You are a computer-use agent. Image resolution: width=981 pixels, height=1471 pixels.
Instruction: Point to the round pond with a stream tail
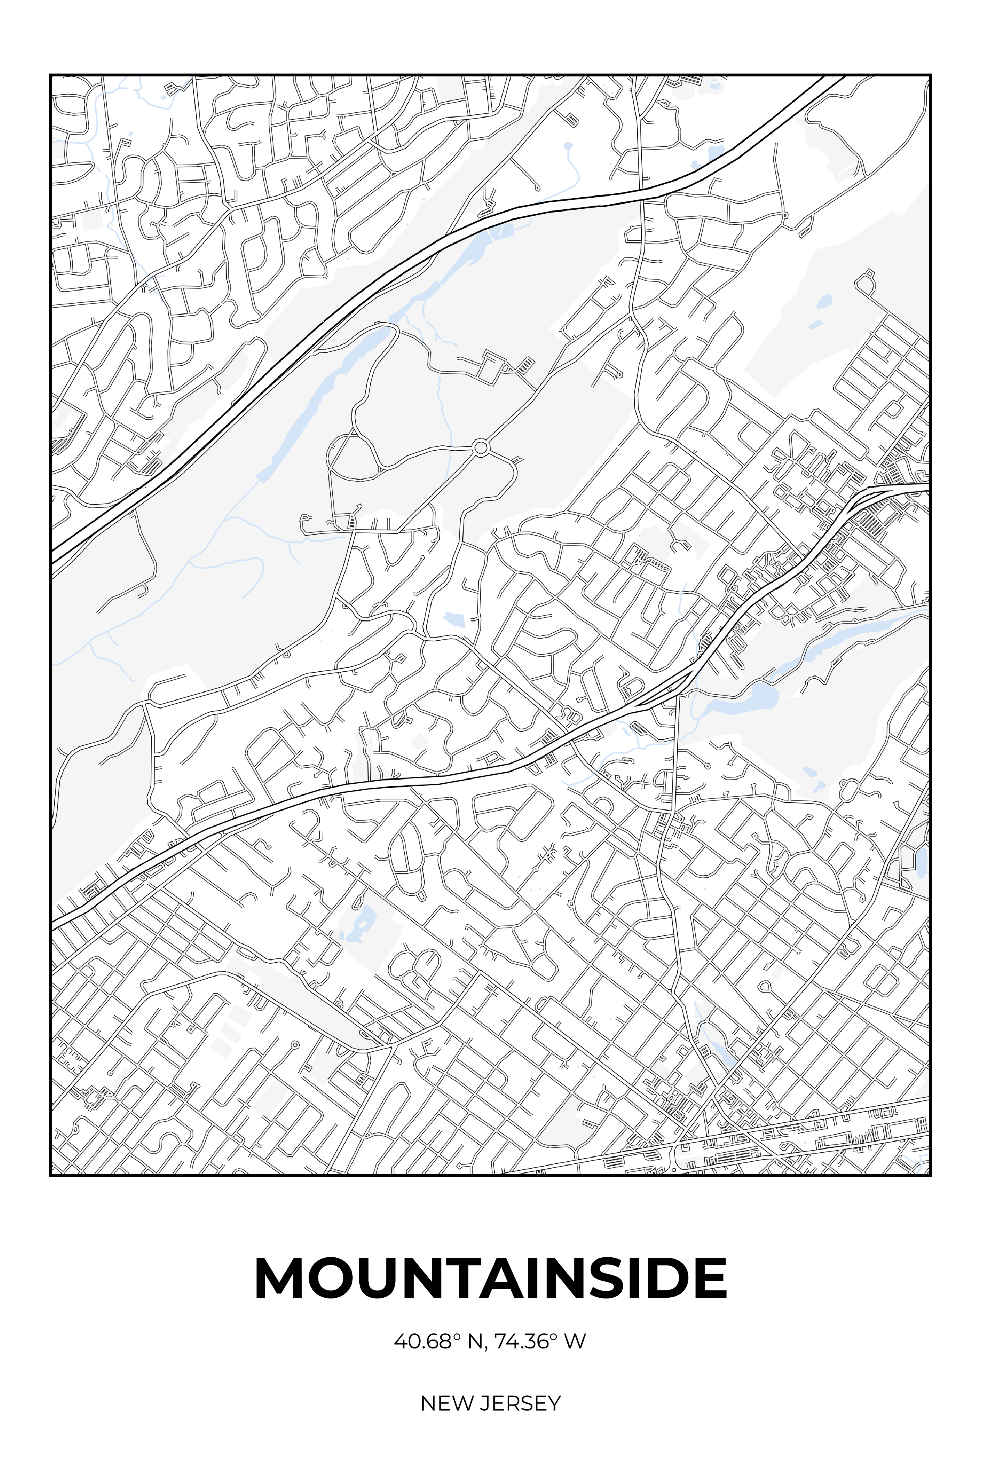tap(567, 146)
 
